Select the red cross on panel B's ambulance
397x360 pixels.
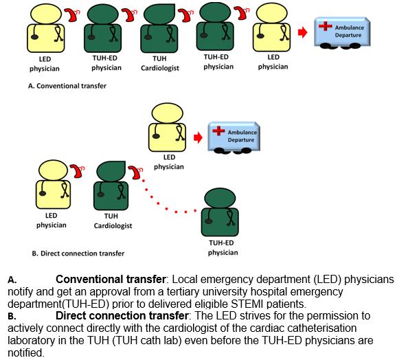[218, 131]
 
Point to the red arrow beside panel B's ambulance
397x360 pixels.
[198, 137]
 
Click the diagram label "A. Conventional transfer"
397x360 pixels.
[67, 86]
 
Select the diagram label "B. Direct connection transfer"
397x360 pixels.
[78, 254]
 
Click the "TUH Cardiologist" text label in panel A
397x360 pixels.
[159, 63]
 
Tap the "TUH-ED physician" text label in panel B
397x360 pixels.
[223, 248]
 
